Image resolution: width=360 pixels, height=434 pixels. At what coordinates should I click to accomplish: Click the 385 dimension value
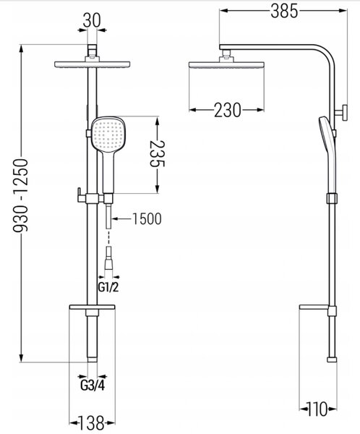tap(284, 12)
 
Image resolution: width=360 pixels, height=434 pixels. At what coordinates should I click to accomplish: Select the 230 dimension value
tap(228, 110)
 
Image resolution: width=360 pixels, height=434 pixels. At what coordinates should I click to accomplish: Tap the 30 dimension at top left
tap(92, 20)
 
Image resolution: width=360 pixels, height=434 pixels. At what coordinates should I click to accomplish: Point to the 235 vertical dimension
tap(157, 154)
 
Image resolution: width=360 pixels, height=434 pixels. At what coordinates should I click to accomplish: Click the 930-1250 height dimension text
tap(21, 195)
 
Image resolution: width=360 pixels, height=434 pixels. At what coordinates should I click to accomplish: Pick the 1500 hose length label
tap(147, 219)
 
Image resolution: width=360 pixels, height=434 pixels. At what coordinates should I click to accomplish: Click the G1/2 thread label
tap(108, 287)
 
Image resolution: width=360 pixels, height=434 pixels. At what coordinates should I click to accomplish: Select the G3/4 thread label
tap(93, 386)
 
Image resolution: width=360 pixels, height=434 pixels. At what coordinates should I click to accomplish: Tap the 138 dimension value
tap(92, 422)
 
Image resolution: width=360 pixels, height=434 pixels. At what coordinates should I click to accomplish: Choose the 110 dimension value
tap(317, 409)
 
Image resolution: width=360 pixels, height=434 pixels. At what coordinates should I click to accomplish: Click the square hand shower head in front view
tap(108, 134)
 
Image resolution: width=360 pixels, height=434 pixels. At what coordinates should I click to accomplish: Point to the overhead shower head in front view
tap(92, 64)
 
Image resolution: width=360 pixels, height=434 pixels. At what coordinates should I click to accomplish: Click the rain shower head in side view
tap(226, 65)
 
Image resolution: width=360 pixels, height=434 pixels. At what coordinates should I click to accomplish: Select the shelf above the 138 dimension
tap(92, 307)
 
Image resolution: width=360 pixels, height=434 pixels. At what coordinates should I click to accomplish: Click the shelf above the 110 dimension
tap(317, 307)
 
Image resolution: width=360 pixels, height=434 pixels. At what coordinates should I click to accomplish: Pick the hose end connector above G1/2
tap(108, 258)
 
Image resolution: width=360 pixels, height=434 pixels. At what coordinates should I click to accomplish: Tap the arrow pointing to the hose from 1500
tap(121, 219)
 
